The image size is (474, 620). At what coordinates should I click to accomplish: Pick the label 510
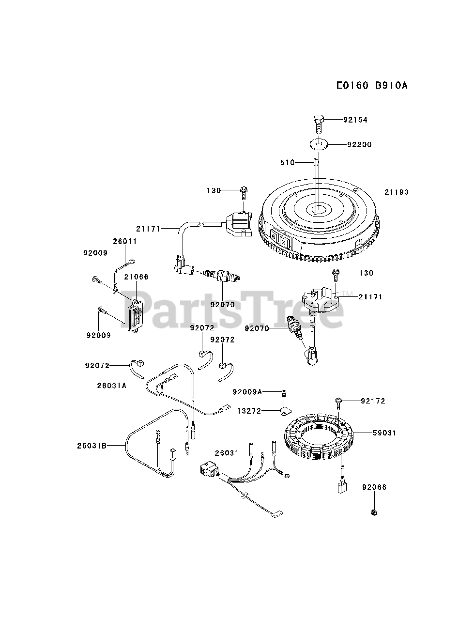[x=287, y=163]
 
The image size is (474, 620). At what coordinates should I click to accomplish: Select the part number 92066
[x=374, y=487]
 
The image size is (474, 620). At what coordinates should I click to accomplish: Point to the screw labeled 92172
[x=338, y=402]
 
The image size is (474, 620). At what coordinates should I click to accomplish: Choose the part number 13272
[x=249, y=411]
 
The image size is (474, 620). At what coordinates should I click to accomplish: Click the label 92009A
[x=247, y=392]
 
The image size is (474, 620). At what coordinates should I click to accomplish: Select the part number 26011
[x=125, y=241]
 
